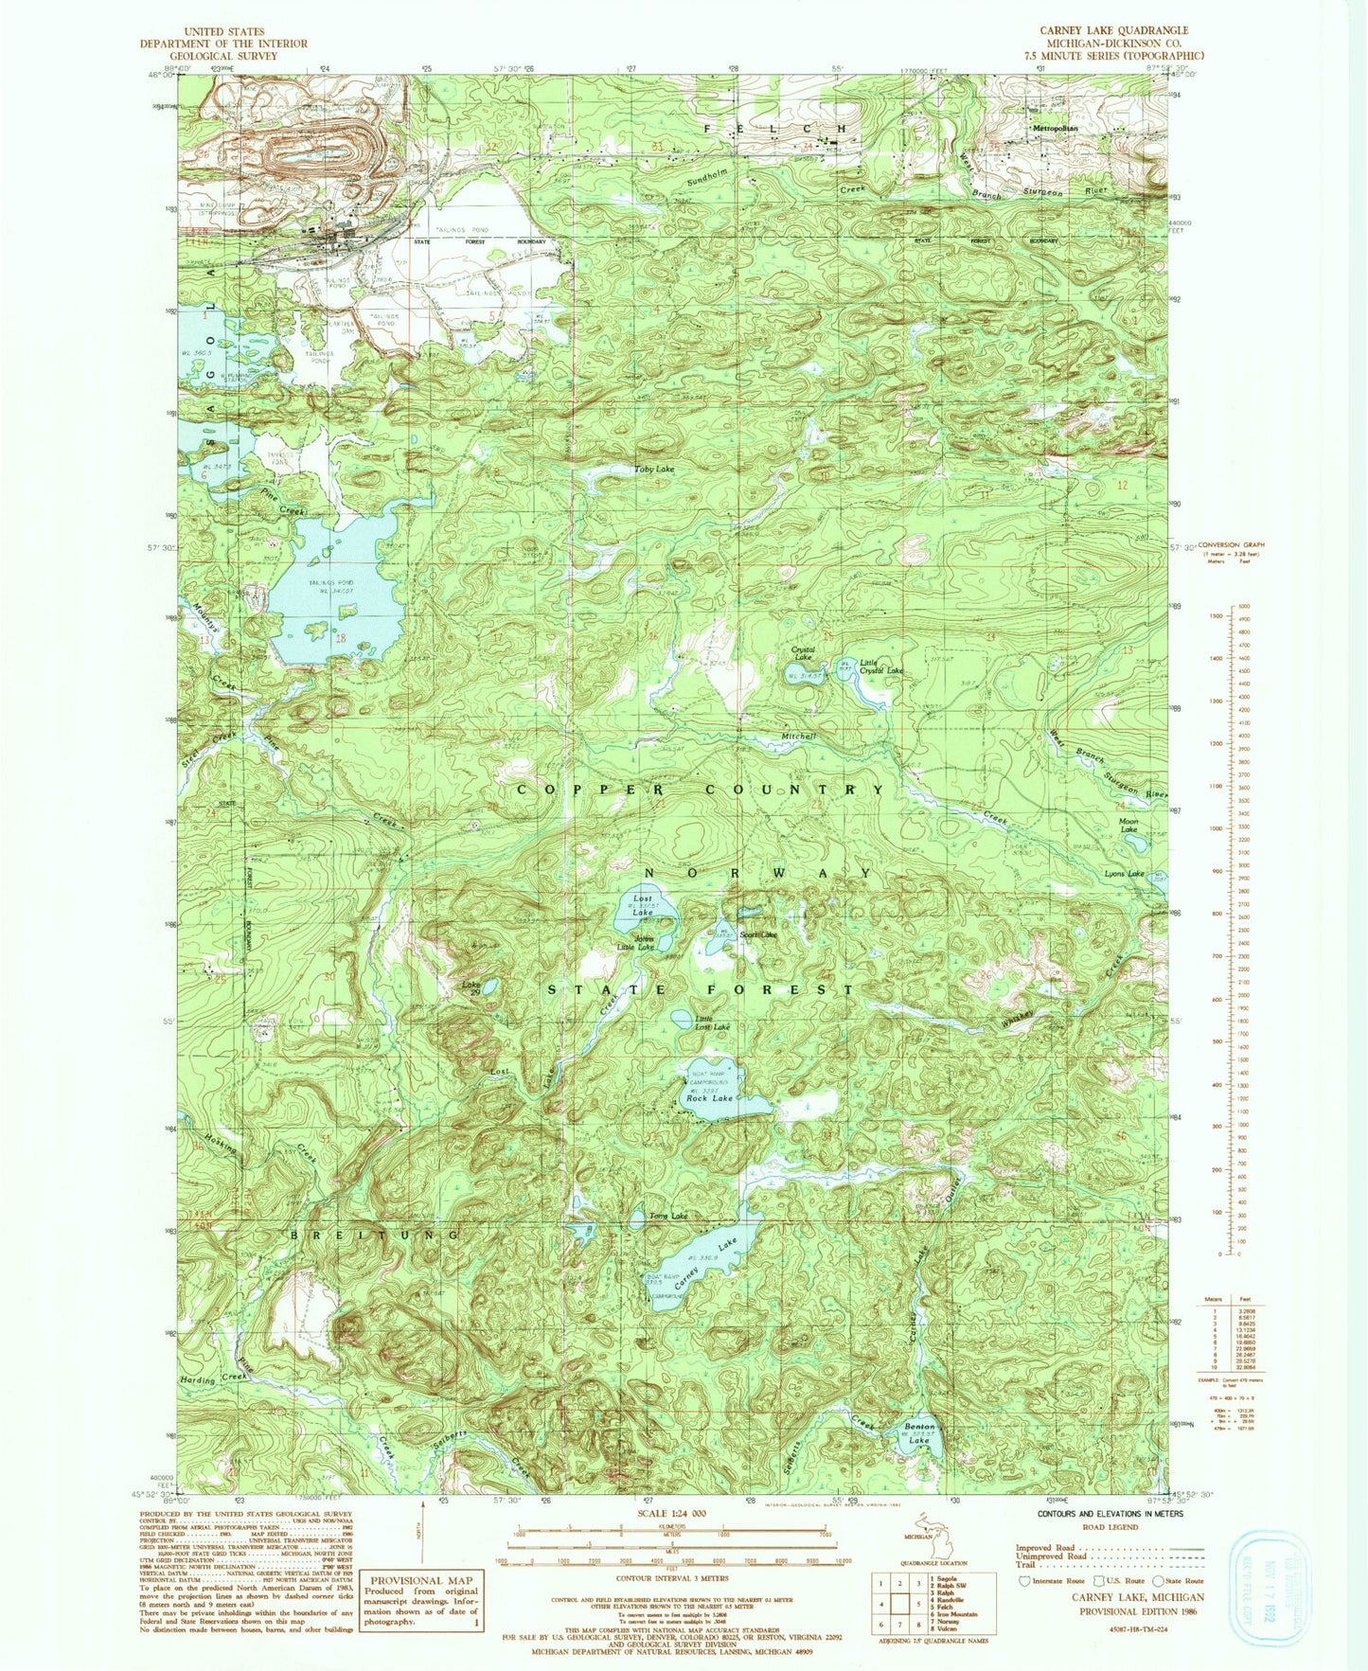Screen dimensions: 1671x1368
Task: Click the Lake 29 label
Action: pos(471,988)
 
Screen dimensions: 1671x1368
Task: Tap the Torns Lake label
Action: pos(668,1216)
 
